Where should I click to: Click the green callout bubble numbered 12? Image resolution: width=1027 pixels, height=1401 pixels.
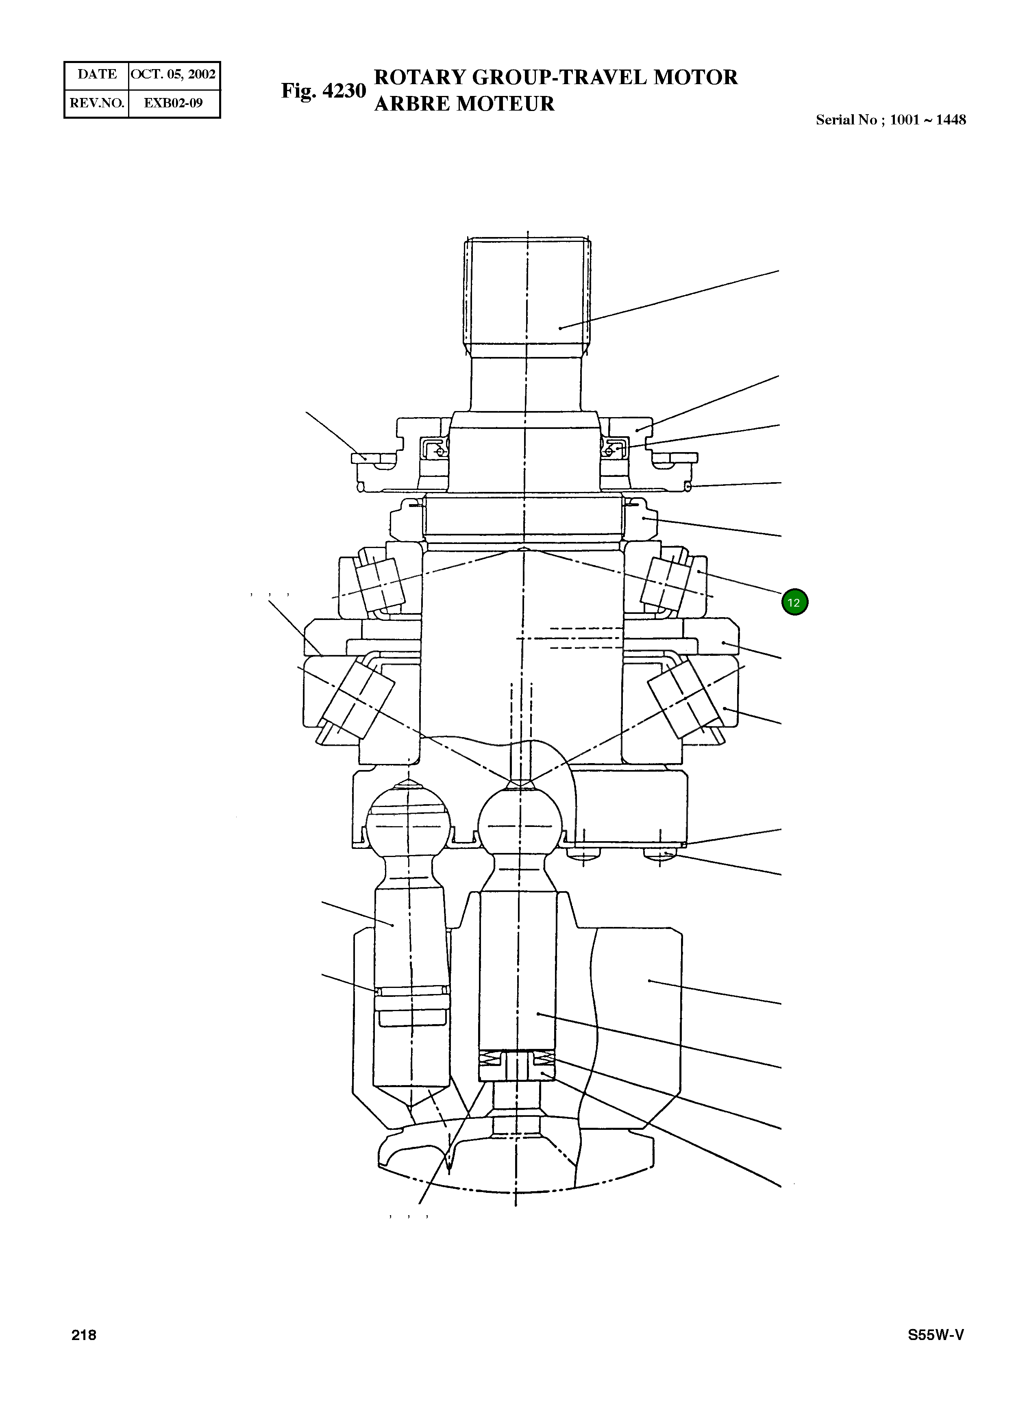point(794,602)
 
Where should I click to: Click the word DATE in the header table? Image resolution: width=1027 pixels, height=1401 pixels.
point(97,74)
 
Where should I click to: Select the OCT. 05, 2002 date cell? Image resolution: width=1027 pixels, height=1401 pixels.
point(174,74)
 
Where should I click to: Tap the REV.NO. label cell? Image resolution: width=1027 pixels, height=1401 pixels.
point(97,103)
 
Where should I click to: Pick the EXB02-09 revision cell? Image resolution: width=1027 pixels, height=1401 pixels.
point(174,103)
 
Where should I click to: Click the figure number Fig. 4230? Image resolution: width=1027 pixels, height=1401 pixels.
point(323,91)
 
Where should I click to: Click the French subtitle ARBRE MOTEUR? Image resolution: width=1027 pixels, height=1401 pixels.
point(464,104)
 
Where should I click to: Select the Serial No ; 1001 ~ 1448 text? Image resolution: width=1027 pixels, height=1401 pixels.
point(890,120)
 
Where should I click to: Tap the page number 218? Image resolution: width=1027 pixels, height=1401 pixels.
point(84,1335)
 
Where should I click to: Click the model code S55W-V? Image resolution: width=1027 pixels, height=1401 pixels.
point(935,1335)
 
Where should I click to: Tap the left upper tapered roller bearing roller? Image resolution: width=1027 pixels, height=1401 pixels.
point(380,584)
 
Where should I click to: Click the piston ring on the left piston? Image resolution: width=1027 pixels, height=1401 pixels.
point(411,990)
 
